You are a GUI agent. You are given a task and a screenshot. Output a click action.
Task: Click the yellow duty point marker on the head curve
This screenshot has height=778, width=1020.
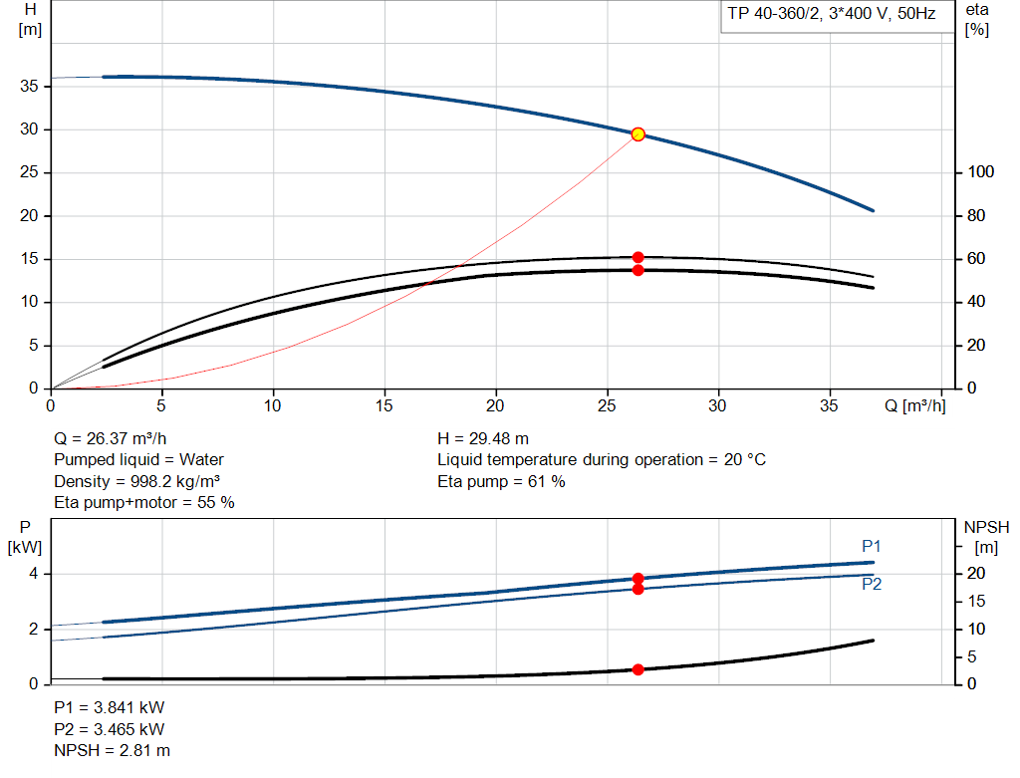click(x=637, y=134)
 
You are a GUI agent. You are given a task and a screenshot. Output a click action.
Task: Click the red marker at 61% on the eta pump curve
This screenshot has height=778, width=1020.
click(x=637, y=257)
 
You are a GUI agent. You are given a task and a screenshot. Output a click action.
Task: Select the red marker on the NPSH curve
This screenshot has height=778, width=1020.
click(x=637, y=669)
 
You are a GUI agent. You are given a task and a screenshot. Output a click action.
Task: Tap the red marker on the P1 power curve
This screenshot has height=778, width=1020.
click(x=637, y=579)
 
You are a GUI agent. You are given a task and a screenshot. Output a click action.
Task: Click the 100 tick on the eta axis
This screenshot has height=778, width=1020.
click(x=981, y=172)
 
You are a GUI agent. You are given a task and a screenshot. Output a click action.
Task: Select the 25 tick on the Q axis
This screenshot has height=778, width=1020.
click(x=607, y=405)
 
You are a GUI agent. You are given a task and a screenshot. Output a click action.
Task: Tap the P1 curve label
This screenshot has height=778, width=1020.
click(x=872, y=546)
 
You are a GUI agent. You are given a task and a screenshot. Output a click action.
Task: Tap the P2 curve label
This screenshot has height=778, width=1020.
click(x=872, y=585)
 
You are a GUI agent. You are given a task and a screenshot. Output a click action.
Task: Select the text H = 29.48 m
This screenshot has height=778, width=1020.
click(x=483, y=438)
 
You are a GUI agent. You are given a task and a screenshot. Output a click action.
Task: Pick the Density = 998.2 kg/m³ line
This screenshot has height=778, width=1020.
click(x=136, y=481)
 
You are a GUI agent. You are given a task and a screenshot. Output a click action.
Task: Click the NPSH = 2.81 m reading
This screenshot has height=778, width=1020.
click(x=112, y=750)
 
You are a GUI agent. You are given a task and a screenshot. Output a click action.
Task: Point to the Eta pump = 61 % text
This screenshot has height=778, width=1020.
click(x=501, y=481)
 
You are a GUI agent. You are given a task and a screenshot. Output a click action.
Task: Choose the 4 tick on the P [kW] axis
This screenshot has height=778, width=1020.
click(x=34, y=574)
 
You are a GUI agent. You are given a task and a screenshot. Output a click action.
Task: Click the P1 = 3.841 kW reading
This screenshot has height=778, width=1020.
click(x=109, y=707)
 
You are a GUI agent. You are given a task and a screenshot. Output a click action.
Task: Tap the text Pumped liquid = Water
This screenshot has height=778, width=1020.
click(x=138, y=459)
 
